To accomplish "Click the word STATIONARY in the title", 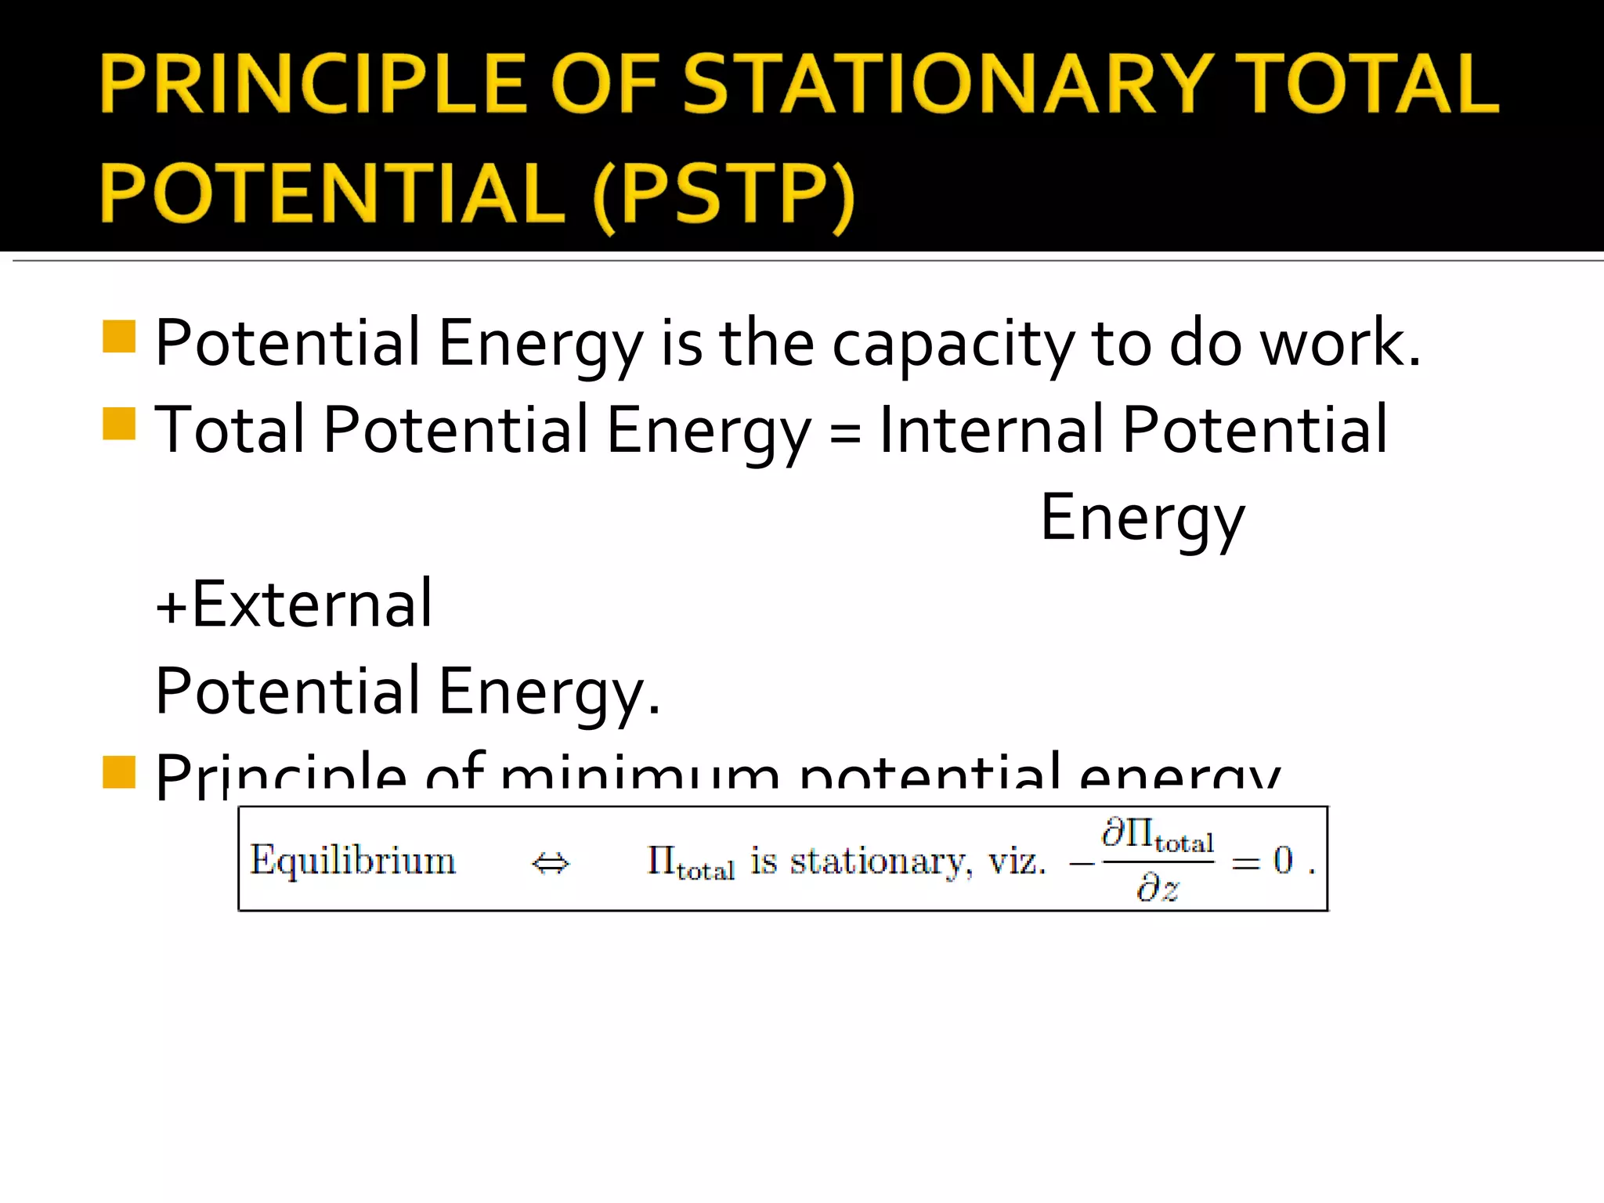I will tap(948, 85).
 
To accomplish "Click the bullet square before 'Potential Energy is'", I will tap(119, 337).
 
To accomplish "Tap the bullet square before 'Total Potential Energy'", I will tap(119, 424).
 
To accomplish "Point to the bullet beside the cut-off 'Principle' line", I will tap(119, 771).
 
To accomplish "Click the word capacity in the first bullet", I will tap(953, 345).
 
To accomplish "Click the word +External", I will tap(294, 605).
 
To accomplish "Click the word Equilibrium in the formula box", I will tap(352, 862).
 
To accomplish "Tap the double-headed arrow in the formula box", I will tap(551, 864).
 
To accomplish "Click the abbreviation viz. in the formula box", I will tap(1017, 862).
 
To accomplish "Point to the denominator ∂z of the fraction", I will tap(1158, 889).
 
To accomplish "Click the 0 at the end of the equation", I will tap(1283, 860).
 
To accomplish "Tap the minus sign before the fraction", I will tap(1082, 863).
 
